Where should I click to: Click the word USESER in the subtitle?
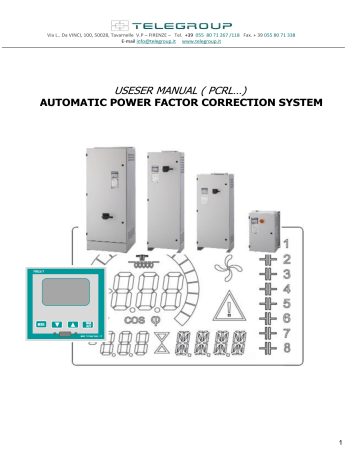[137, 88]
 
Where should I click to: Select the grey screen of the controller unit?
[56, 291]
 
